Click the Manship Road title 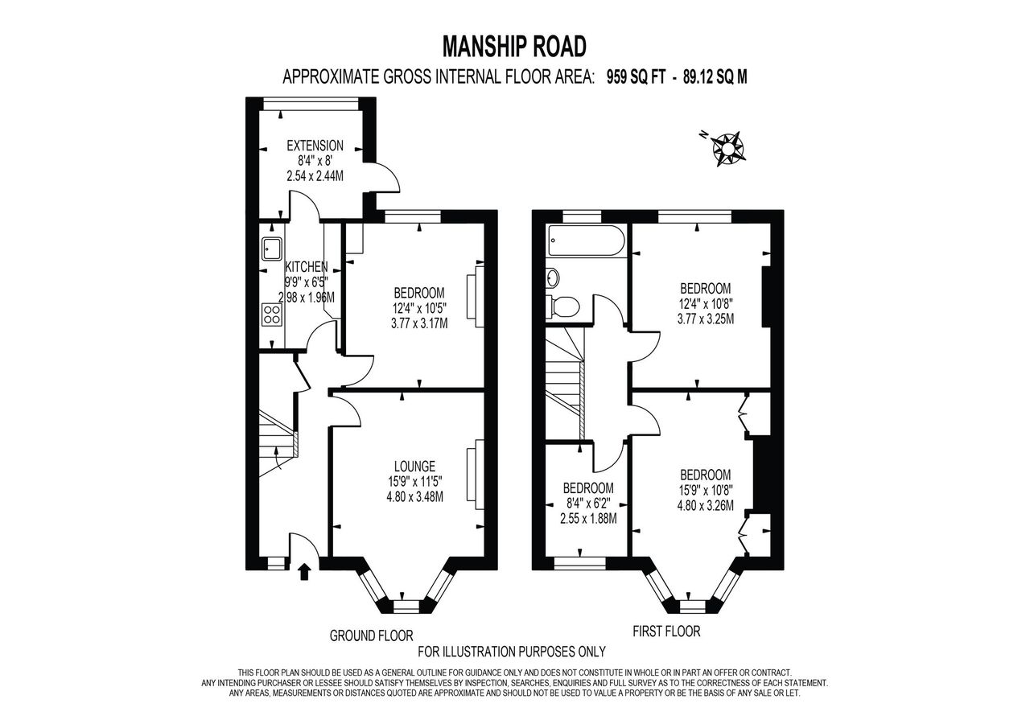click(x=514, y=47)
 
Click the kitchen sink click(x=273, y=249)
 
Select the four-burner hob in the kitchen click(x=272, y=315)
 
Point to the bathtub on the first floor click(x=585, y=241)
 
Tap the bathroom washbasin click(x=553, y=278)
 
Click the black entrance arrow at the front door click(x=304, y=573)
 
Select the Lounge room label click(x=414, y=467)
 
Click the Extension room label click(x=315, y=146)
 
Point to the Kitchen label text click(x=307, y=266)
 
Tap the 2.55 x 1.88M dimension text click(x=588, y=519)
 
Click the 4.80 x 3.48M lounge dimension click(x=414, y=497)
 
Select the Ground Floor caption click(x=372, y=635)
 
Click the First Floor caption click(x=666, y=631)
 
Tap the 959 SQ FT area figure click(x=636, y=77)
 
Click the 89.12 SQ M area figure click(x=715, y=77)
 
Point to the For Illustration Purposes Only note click(x=511, y=652)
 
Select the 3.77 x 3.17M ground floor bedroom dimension click(x=419, y=323)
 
